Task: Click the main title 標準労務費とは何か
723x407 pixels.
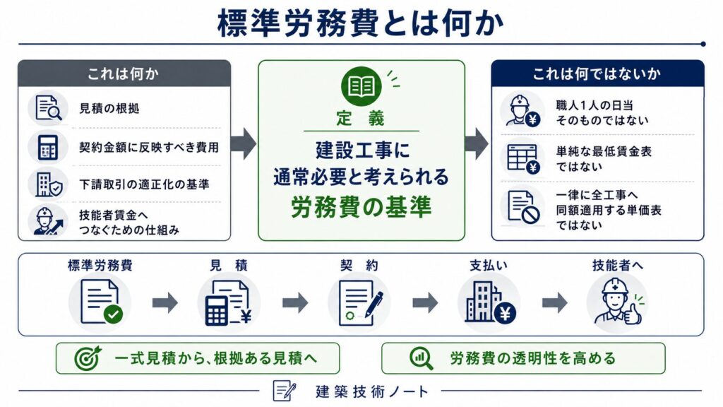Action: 361,23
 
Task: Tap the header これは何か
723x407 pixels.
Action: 123,73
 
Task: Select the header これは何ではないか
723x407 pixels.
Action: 597,73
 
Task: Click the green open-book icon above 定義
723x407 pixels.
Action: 361,86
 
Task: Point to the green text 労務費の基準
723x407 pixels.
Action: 361,207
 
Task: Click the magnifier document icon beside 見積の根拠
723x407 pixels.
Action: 48,108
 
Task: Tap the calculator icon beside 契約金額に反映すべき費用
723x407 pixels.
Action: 48,147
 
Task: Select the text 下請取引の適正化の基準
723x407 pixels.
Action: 144,184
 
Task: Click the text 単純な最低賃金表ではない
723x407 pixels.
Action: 604,159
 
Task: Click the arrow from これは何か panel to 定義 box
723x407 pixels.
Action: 244,143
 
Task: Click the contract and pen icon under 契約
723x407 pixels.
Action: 360,302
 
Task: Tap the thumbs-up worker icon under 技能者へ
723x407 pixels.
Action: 618,302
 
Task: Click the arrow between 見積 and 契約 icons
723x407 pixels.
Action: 295,302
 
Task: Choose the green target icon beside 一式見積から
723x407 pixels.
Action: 88,358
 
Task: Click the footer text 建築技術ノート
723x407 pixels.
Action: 372,391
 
